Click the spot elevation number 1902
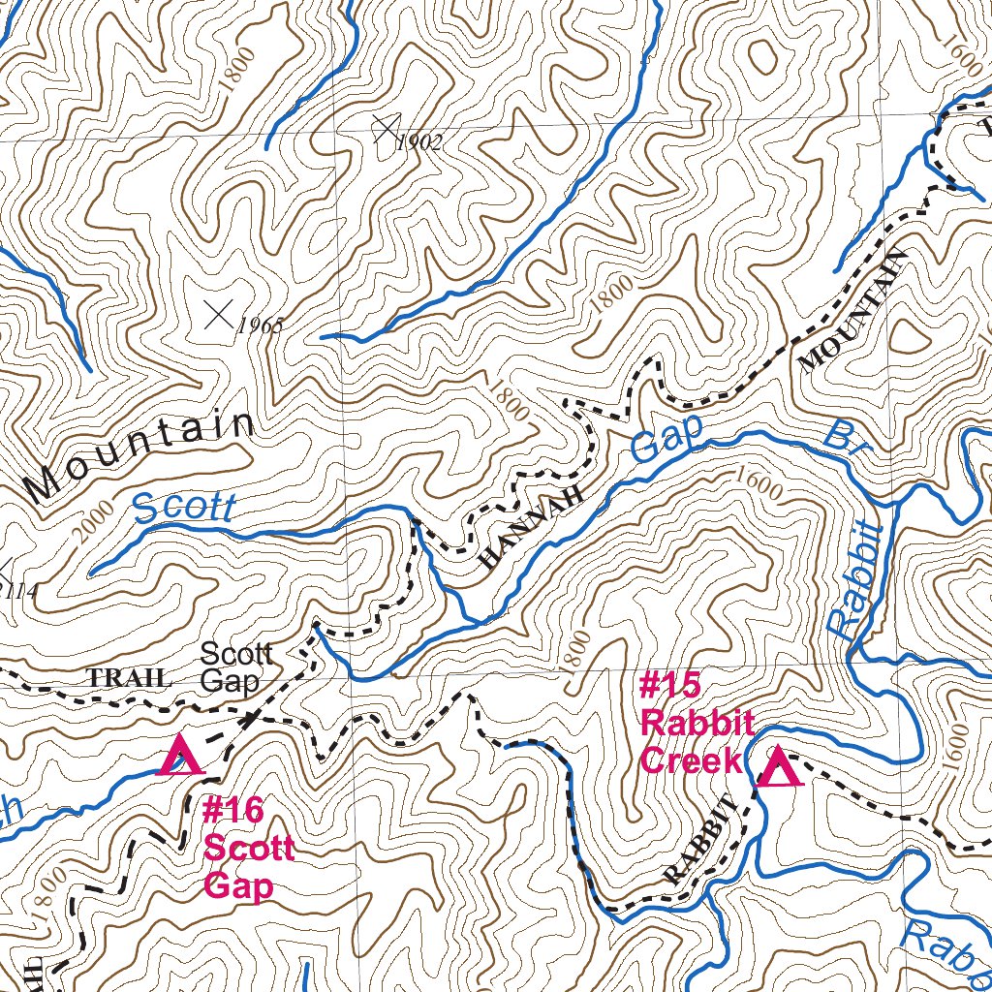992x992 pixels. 419,143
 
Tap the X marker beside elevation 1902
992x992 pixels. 386,127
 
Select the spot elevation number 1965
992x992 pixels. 259,325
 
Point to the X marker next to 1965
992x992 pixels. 221,313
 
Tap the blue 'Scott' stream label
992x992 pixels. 184,507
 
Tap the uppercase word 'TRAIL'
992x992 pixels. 129,678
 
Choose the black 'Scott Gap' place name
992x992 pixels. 235,666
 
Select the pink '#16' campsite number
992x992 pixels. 232,810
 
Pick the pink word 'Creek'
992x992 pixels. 692,760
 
